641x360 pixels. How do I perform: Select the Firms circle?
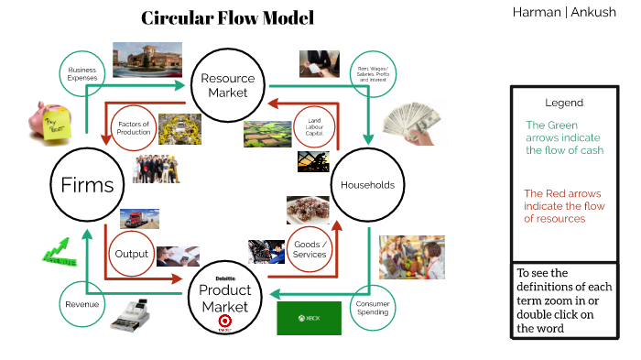pyautogui.click(x=87, y=185)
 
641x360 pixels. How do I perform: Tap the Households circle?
pyautogui.click(x=367, y=185)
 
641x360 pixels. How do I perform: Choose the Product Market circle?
pyautogui.click(x=225, y=291)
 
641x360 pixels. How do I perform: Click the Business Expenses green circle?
pyautogui.click(x=81, y=73)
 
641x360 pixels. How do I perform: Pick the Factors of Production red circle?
pyautogui.click(x=133, y=127)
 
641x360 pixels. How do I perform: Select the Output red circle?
pyautogui.click(x=132, y=255)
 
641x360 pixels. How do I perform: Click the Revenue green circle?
pyautogui.click(x=81, y=305)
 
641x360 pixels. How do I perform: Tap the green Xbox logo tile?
pyautogui.click(x=310, y=318)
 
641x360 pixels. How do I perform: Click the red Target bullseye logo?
pyautogui.click(x=224, y=321)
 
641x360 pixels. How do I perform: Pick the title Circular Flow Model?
pyautogui.click(x=227, y=18)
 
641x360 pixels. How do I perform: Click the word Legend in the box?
pyautogui.click(x=563, y=103)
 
